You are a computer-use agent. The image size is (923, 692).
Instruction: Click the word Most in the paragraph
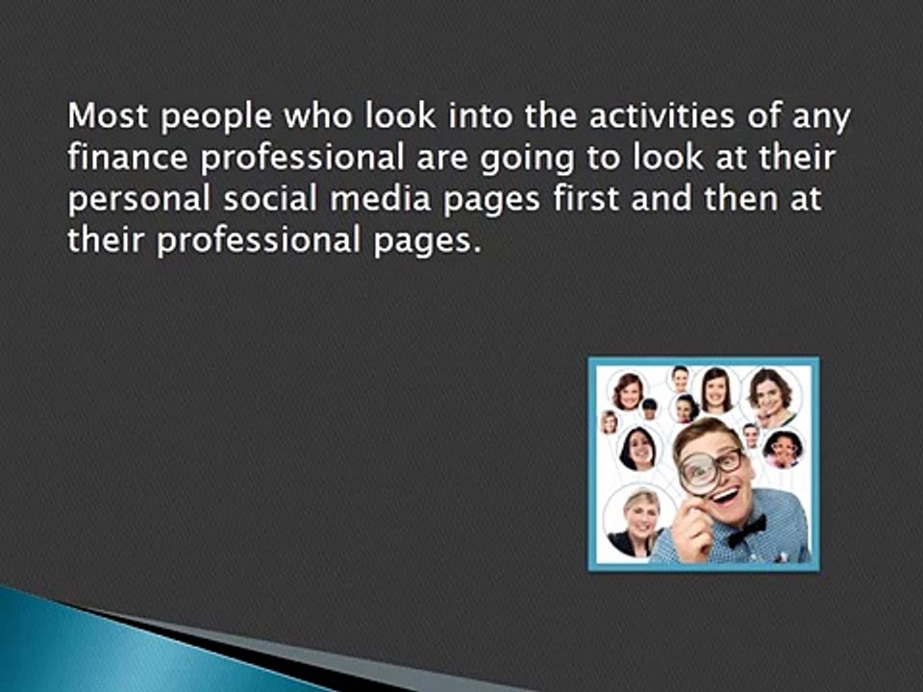[x=103, y=119]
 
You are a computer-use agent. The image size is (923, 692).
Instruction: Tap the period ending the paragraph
[x=476, y=249]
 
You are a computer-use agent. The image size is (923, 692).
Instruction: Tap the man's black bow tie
[x=747, y=530]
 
